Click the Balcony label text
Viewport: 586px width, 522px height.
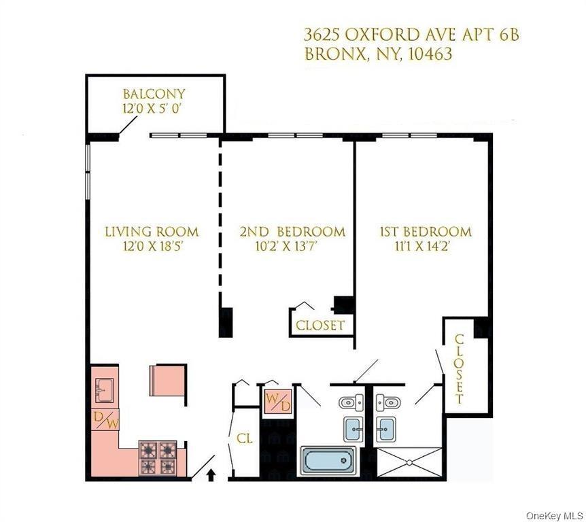coord(154,94)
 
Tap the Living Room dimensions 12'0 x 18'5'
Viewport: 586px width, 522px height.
coord(152,247)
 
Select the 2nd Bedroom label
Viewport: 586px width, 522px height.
coord(292,232)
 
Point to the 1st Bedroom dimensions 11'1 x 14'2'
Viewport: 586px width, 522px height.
coord(425,247)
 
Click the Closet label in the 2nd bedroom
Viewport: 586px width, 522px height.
coord(320,326)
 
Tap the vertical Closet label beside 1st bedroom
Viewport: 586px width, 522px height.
coord(460,368)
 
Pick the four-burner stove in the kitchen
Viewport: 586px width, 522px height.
coord(158,457)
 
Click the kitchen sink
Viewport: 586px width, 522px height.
coord(105,389)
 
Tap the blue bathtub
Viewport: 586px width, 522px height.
coord(327,460)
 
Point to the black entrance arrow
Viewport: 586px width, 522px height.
coord(210,474)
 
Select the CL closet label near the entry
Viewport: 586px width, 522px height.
coord(244,439)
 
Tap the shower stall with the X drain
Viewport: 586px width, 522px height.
coord(408,462)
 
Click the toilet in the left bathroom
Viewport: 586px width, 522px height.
coord(351,402)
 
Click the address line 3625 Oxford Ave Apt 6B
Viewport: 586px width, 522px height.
coord(411,35)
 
